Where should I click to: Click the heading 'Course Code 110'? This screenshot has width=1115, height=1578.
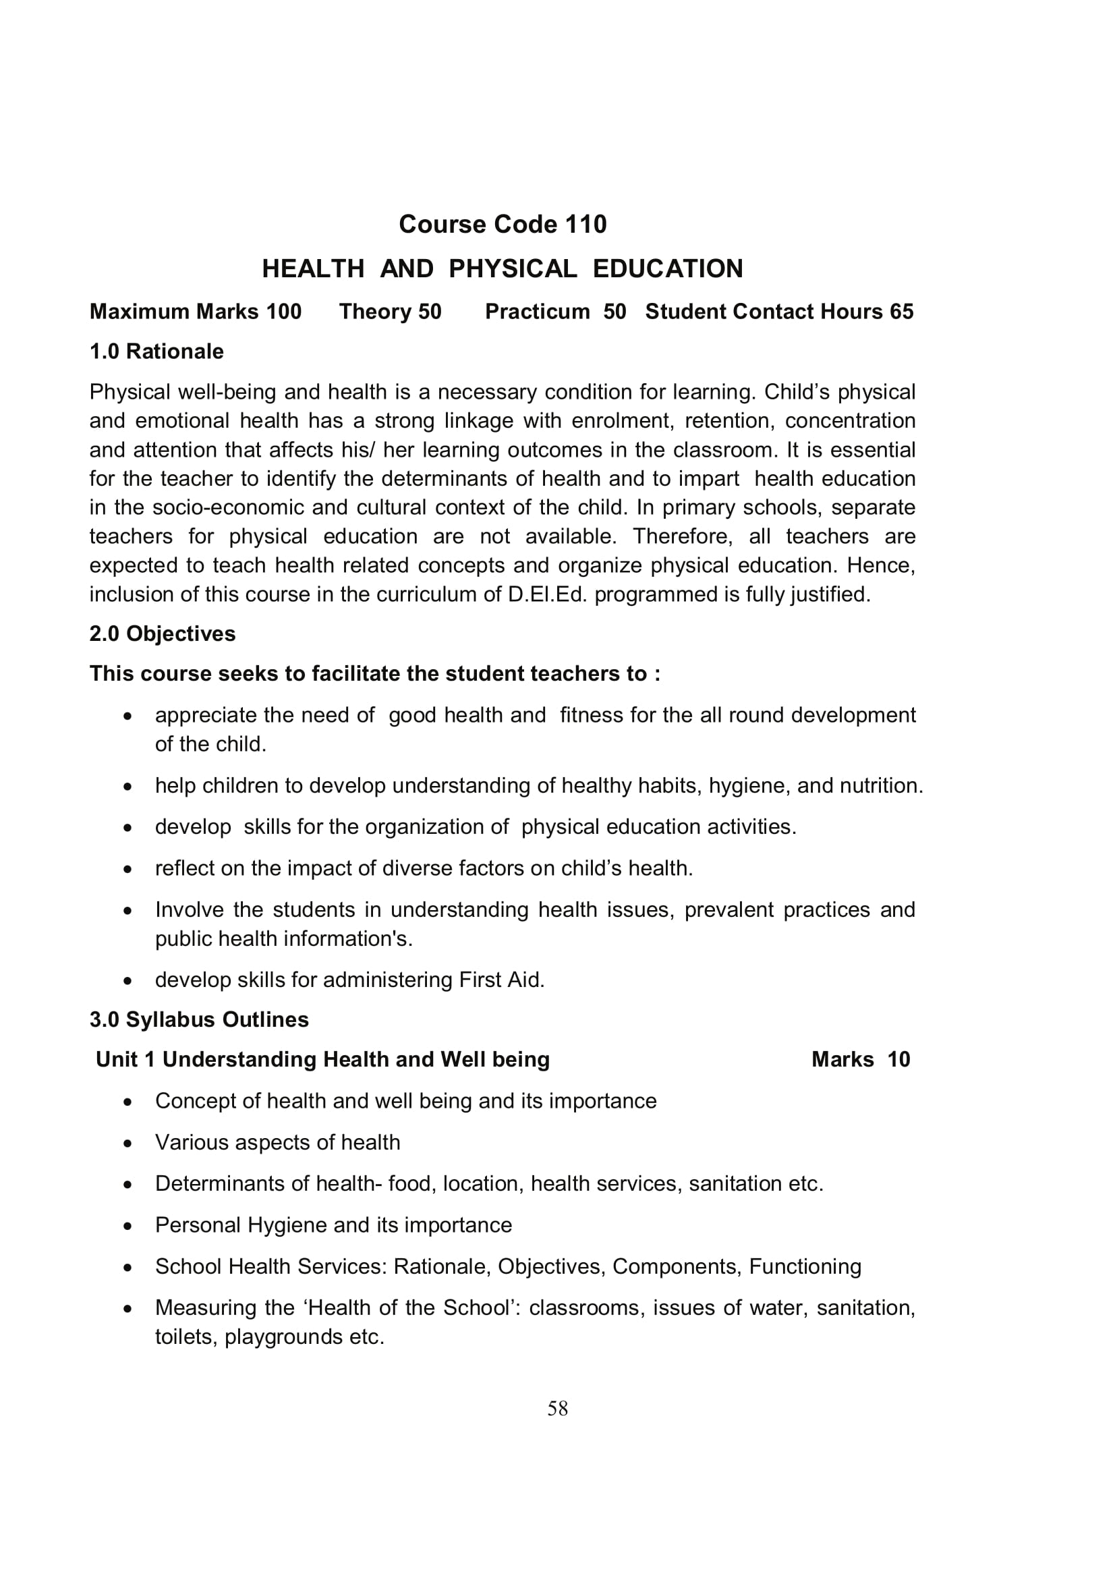point(503,224)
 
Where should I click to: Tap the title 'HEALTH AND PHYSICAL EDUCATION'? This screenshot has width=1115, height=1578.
point(503,269)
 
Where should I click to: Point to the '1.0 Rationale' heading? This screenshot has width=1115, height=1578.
point(156,352)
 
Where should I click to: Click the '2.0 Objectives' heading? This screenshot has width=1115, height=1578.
point(162,633)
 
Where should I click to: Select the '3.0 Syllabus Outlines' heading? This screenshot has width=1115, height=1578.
point(199,1019)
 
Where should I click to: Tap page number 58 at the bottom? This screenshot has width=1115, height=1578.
point(557,1409)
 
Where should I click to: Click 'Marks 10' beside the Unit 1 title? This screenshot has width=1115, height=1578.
point(860,1059)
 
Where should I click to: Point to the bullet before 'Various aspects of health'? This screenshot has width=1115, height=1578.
point(127,1144)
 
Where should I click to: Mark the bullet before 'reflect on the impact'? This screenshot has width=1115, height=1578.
point(127,870)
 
